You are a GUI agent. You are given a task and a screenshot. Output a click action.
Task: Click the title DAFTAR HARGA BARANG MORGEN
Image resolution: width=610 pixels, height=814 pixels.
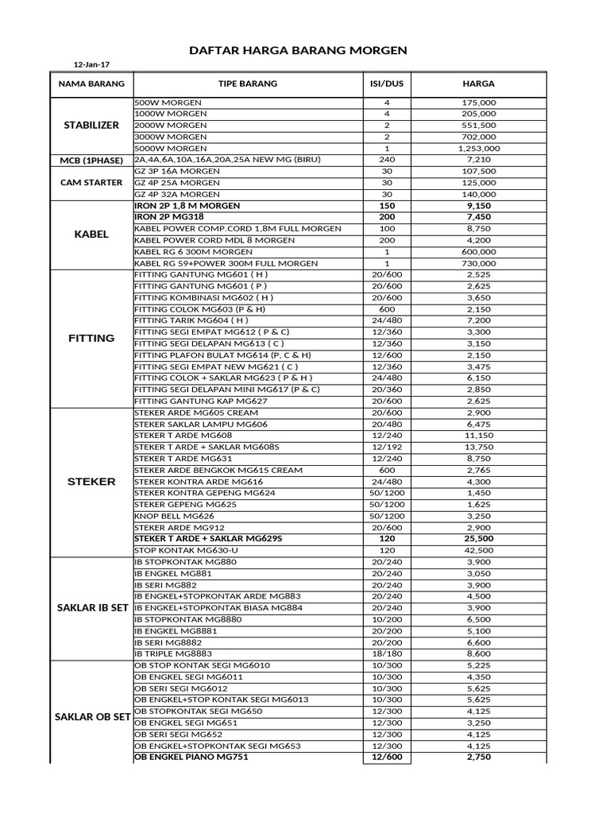[298, 49]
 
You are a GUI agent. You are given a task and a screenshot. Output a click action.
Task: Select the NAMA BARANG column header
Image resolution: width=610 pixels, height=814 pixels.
[91, 83]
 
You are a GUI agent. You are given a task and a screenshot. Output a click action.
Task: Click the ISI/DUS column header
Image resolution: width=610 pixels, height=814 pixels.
[387, 83]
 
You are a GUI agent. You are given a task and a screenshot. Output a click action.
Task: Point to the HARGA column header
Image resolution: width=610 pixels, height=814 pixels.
[479, 83]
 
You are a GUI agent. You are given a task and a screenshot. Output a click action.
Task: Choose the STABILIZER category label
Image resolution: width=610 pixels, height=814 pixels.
[91, 126]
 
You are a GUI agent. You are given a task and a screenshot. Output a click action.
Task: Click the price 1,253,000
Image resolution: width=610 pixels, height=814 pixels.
[479, 148]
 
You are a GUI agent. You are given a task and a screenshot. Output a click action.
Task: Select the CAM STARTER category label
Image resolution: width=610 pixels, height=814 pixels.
[91, 182]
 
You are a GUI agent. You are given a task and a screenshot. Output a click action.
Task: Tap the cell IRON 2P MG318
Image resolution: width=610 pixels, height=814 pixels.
[168, 217]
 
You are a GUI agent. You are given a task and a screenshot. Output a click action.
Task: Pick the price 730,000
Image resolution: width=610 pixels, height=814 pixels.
[481, 263]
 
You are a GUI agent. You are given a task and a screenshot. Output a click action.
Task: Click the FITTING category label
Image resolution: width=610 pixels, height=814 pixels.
[91, 338]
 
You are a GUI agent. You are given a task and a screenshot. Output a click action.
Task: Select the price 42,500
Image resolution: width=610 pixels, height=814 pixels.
[481, 550]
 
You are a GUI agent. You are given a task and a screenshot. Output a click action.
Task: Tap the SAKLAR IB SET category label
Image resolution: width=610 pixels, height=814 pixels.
[91, 608]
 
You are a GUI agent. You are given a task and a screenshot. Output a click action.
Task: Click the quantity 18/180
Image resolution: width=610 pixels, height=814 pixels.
[387, 653]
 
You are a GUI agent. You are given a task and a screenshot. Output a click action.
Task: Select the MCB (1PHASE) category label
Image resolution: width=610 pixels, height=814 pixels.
[91, 160]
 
